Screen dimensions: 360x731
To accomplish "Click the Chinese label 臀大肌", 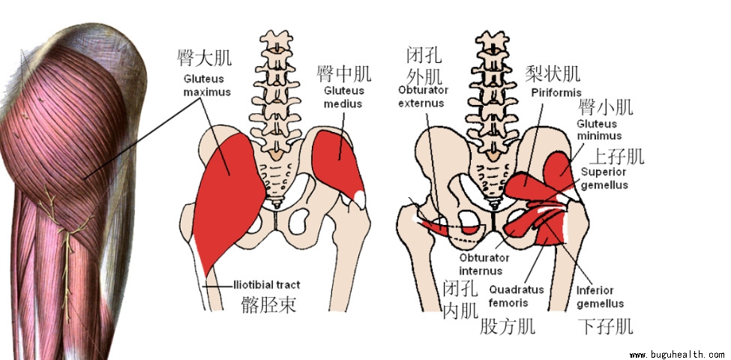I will point(205,58).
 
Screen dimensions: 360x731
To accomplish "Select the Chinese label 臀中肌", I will point(344,74).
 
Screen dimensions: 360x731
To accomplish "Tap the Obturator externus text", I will point(421,97).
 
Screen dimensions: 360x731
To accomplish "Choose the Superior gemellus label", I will point(604,178).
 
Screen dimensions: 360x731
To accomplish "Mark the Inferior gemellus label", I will point(600,297).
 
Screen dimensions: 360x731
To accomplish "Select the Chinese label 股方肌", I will point(507,325).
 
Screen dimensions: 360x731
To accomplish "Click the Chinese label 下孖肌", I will point(606,326).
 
